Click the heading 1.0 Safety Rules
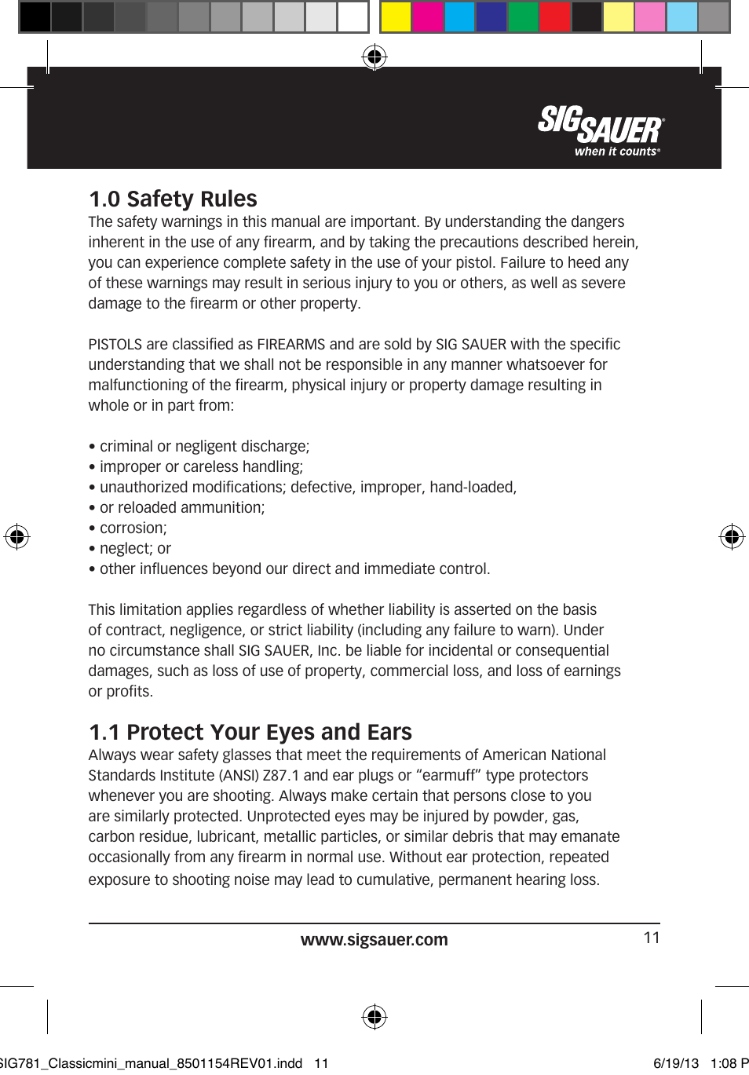[x=173, y=199]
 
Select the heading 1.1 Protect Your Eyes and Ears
[x=250, y=732]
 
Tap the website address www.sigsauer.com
[x=374, y=940]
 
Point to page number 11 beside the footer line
[x=652, y=938]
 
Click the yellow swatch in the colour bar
[x=396, y=16]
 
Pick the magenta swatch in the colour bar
[x=428, y=16]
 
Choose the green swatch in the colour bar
[x=523, y=16]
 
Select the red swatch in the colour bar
[x=555, y=16]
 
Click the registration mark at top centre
[x=374, y=57]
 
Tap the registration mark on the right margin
[x=732, y=536]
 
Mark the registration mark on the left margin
[x=16, y=536]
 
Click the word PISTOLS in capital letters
[x=115, y=345]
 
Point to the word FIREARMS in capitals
[x=290, y=345]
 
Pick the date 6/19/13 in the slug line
[x=676, y=1063]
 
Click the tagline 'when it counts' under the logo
[x=616, y=152]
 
